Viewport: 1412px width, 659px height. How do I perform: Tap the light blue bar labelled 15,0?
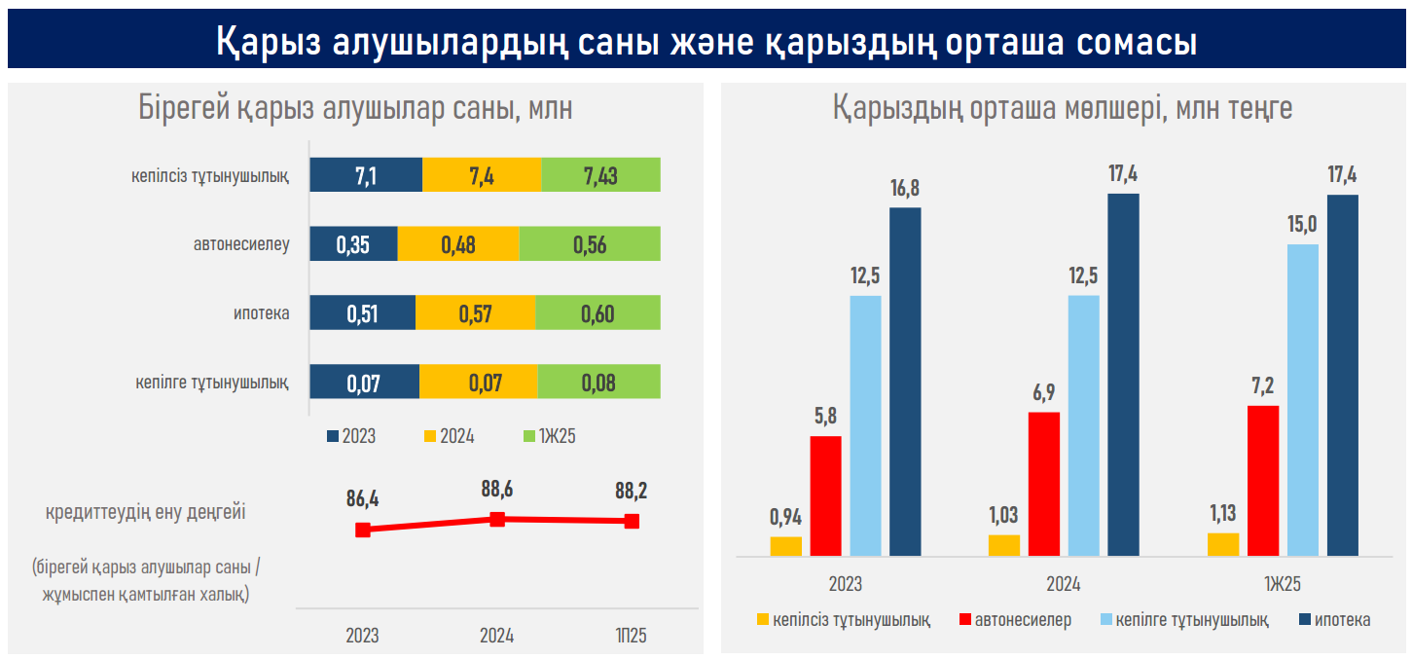(x=1303, y=400)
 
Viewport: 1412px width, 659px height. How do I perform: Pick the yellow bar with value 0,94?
(x=785, y=546)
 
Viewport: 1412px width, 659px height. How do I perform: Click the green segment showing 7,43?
(x=600, y=175)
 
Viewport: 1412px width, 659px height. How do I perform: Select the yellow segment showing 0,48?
(x=458, y=244)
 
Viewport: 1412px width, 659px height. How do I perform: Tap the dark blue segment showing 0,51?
(x=362, y=313)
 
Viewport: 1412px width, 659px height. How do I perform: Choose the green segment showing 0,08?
(x=598, y=382)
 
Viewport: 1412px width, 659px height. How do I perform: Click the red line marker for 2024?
(x=497, y=519)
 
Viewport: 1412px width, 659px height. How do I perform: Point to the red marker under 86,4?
(x=363, y=530)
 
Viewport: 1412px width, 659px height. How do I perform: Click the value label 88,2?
(x=632, y=491)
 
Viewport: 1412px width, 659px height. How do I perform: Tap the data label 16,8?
(x=905, y=188)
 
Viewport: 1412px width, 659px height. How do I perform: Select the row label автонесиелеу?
(x=241, y=244)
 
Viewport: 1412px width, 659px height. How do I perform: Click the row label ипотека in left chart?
(x=261, y=313)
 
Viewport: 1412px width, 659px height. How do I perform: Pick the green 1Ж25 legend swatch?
(x=529, y=436)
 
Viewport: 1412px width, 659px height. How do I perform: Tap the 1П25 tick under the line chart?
(x=631, y=636)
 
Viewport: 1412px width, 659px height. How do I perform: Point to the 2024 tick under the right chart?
(x=1063, y=585)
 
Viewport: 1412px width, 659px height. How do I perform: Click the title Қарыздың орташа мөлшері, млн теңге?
(x=1063, y=109)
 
